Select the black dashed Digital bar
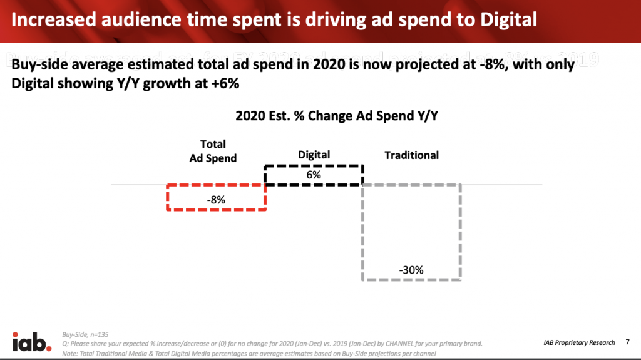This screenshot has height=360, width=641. (x=314, y=175)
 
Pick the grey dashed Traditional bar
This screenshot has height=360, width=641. (x=411, y=232)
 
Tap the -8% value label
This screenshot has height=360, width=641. (x=216, y=200)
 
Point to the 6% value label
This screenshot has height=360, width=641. (x=314, y=175)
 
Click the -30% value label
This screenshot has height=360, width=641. (x=411, y=270)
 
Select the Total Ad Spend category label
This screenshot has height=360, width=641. (x=213, y=151)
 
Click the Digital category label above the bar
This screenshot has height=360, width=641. (x=314, y=155)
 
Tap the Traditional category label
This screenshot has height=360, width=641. (x=411, y=155)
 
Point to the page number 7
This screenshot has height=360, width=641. (x=627, y=342)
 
